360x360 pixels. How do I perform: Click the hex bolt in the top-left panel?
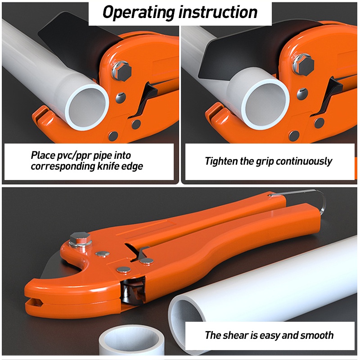(x=121, y=70)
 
